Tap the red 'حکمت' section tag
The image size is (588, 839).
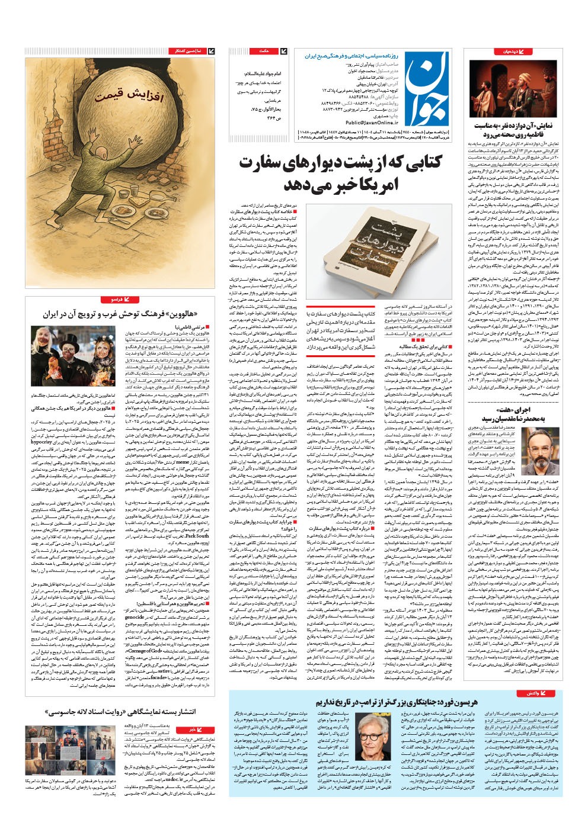coord(265,52)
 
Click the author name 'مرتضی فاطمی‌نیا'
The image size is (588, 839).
coord(191,326)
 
